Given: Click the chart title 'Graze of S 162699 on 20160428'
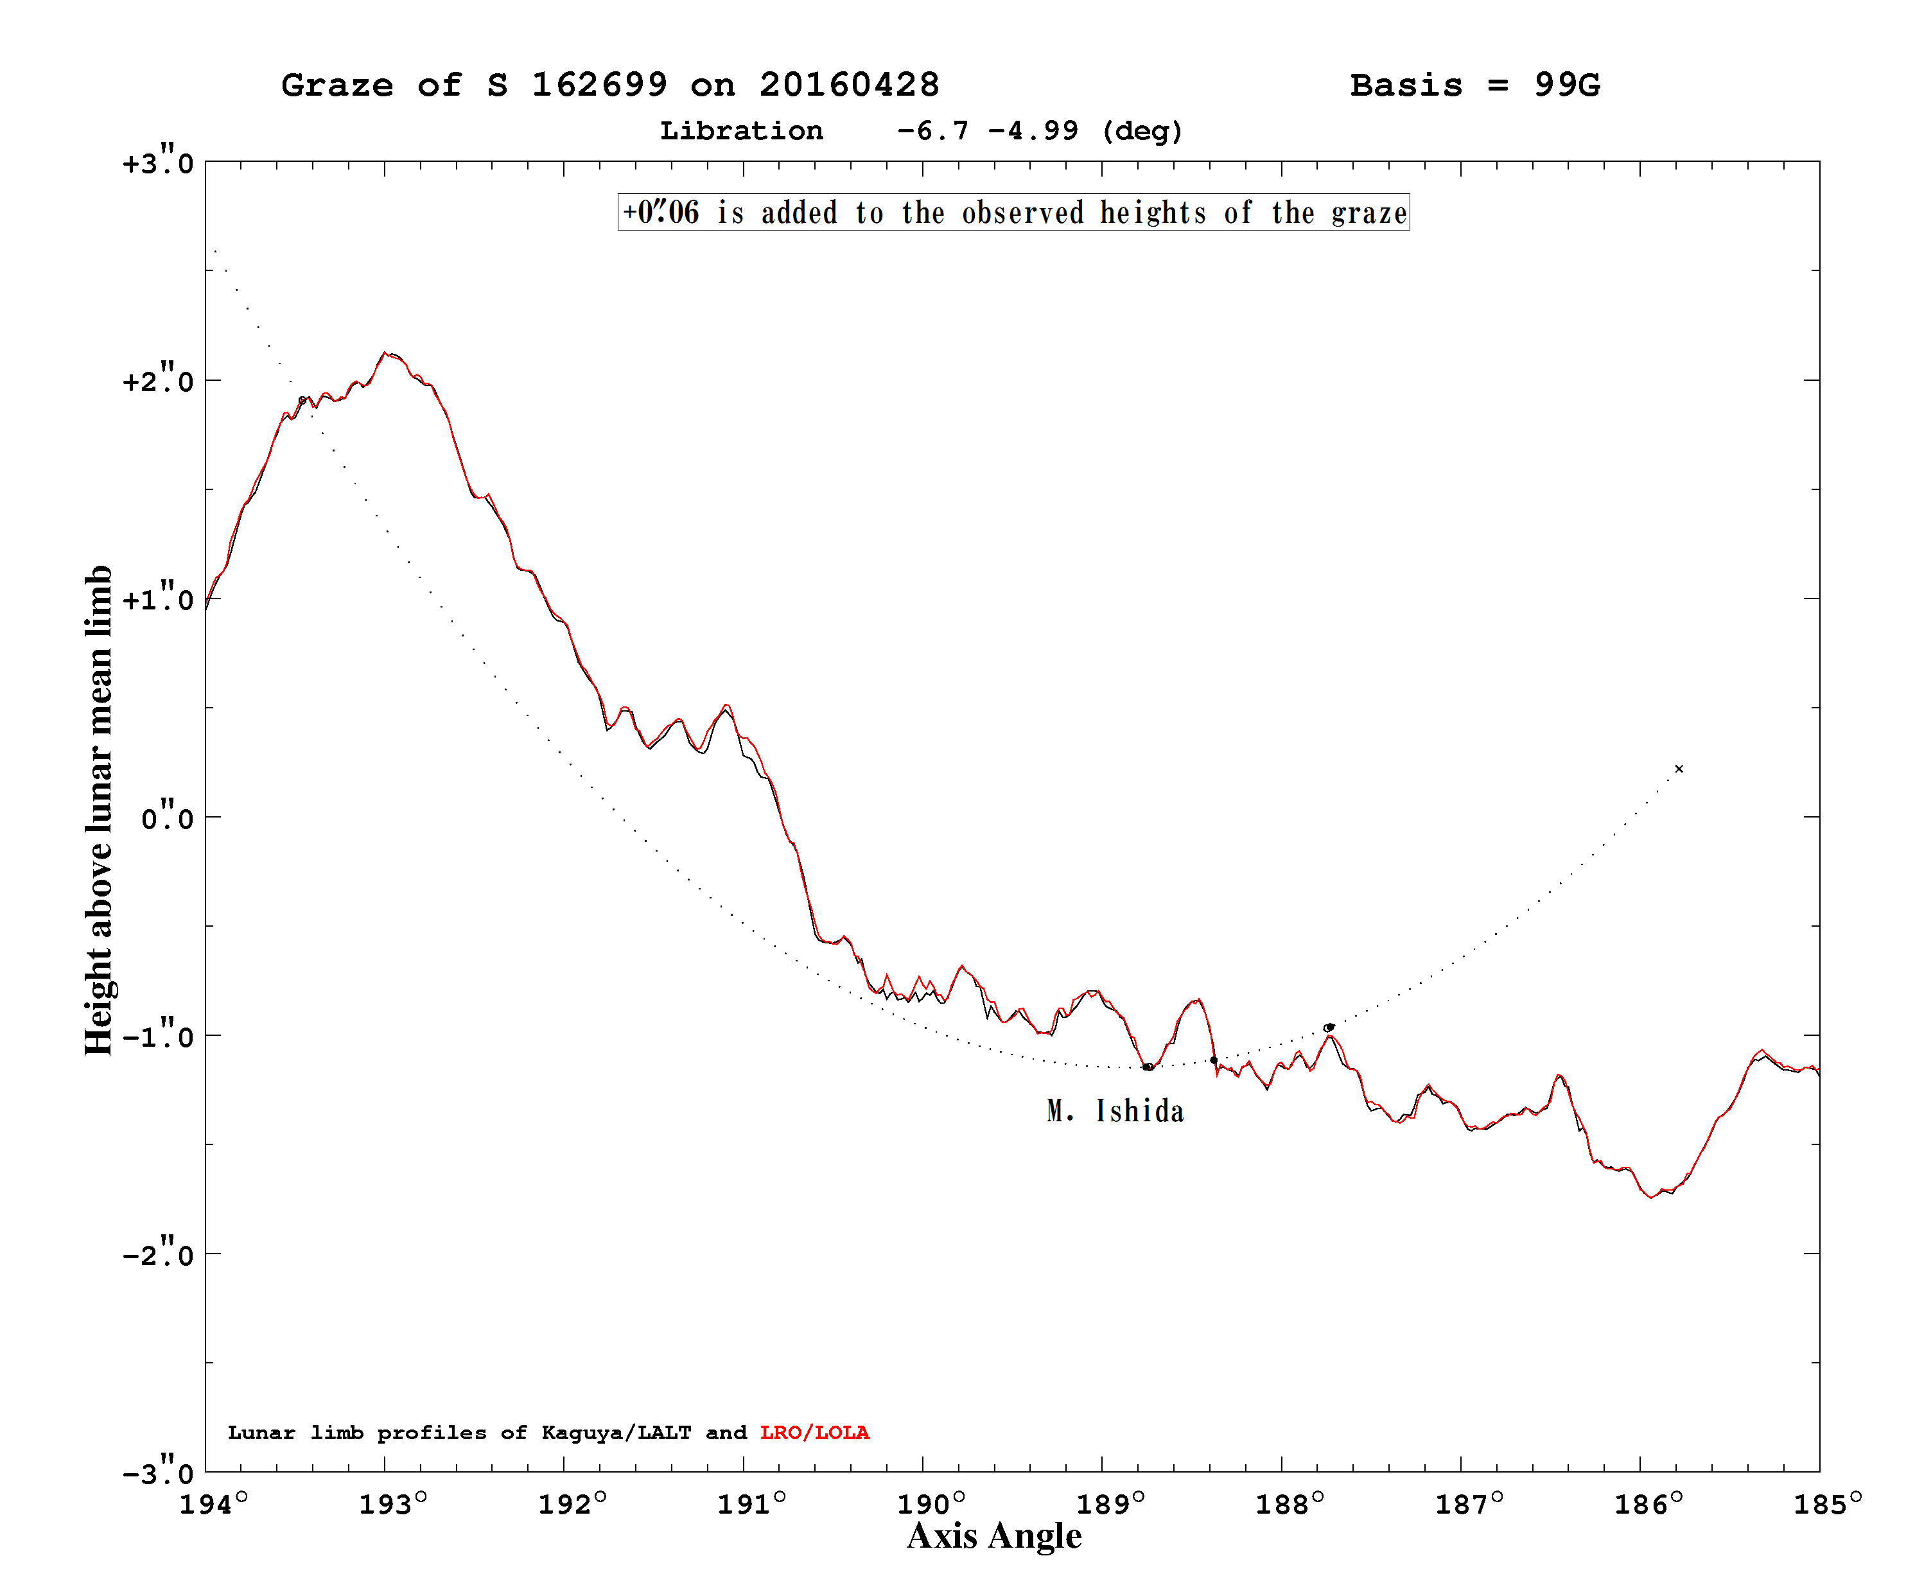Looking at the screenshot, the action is (610, 85).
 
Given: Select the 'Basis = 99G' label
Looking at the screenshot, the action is (1475, 85).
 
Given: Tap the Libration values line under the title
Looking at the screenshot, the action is (922, 132).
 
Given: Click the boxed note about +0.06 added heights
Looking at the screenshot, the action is (1014, 213).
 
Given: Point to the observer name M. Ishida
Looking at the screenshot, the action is (1115, 1111).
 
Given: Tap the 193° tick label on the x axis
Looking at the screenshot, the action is (392, 1504).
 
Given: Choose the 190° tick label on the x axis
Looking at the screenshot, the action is (931, 1504).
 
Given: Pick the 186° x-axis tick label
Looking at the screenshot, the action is (1647, 1504).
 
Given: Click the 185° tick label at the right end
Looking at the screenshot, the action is (1827, 1504).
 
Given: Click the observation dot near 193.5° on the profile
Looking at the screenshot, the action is (302, 400).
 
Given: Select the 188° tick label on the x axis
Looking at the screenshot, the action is (1289, 1504).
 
